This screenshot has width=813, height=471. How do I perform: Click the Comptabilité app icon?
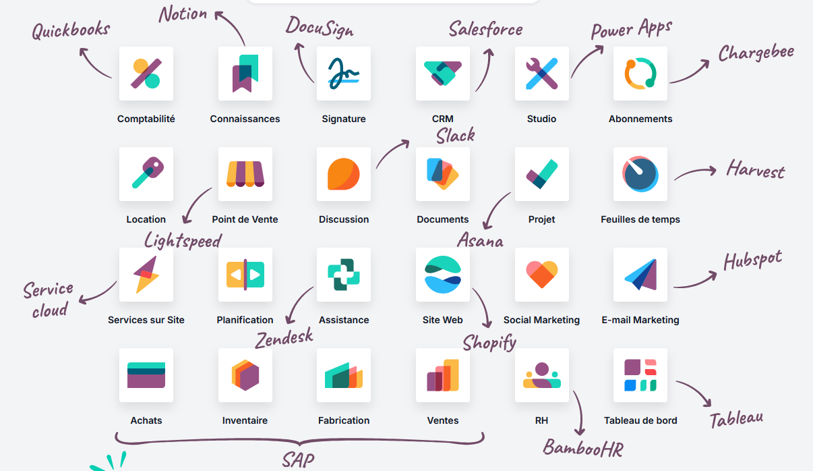click(x=146, y=74)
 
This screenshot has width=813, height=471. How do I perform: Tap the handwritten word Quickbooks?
click(x=71, y=30)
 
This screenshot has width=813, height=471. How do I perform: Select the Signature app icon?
click(x=344, y=74)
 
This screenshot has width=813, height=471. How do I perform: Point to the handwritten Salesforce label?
click(x=485, y=29)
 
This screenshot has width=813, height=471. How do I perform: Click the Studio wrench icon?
click(x=542, y=74)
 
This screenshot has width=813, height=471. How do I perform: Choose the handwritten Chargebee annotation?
click(x=756, y=53)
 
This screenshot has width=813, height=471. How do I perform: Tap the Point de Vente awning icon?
click(x=245, y=174)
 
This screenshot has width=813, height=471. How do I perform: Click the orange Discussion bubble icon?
click(x=344, y=174)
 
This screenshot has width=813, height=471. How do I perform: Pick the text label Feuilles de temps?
click(x=640, y=219)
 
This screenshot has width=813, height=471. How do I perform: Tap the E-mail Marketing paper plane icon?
click(x=640, y=275)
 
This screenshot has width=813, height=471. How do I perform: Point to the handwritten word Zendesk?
click(x=284, y=338)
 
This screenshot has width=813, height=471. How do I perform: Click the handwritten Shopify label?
click(x=489, y=343)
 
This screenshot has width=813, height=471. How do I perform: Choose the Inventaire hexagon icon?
click(x=245, y=375)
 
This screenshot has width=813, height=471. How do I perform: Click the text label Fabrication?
click(x=344, y=420)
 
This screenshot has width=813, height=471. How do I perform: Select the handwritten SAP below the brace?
click(x=299, y=460)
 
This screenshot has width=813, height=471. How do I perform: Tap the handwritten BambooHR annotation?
click(x=583, y=448)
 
